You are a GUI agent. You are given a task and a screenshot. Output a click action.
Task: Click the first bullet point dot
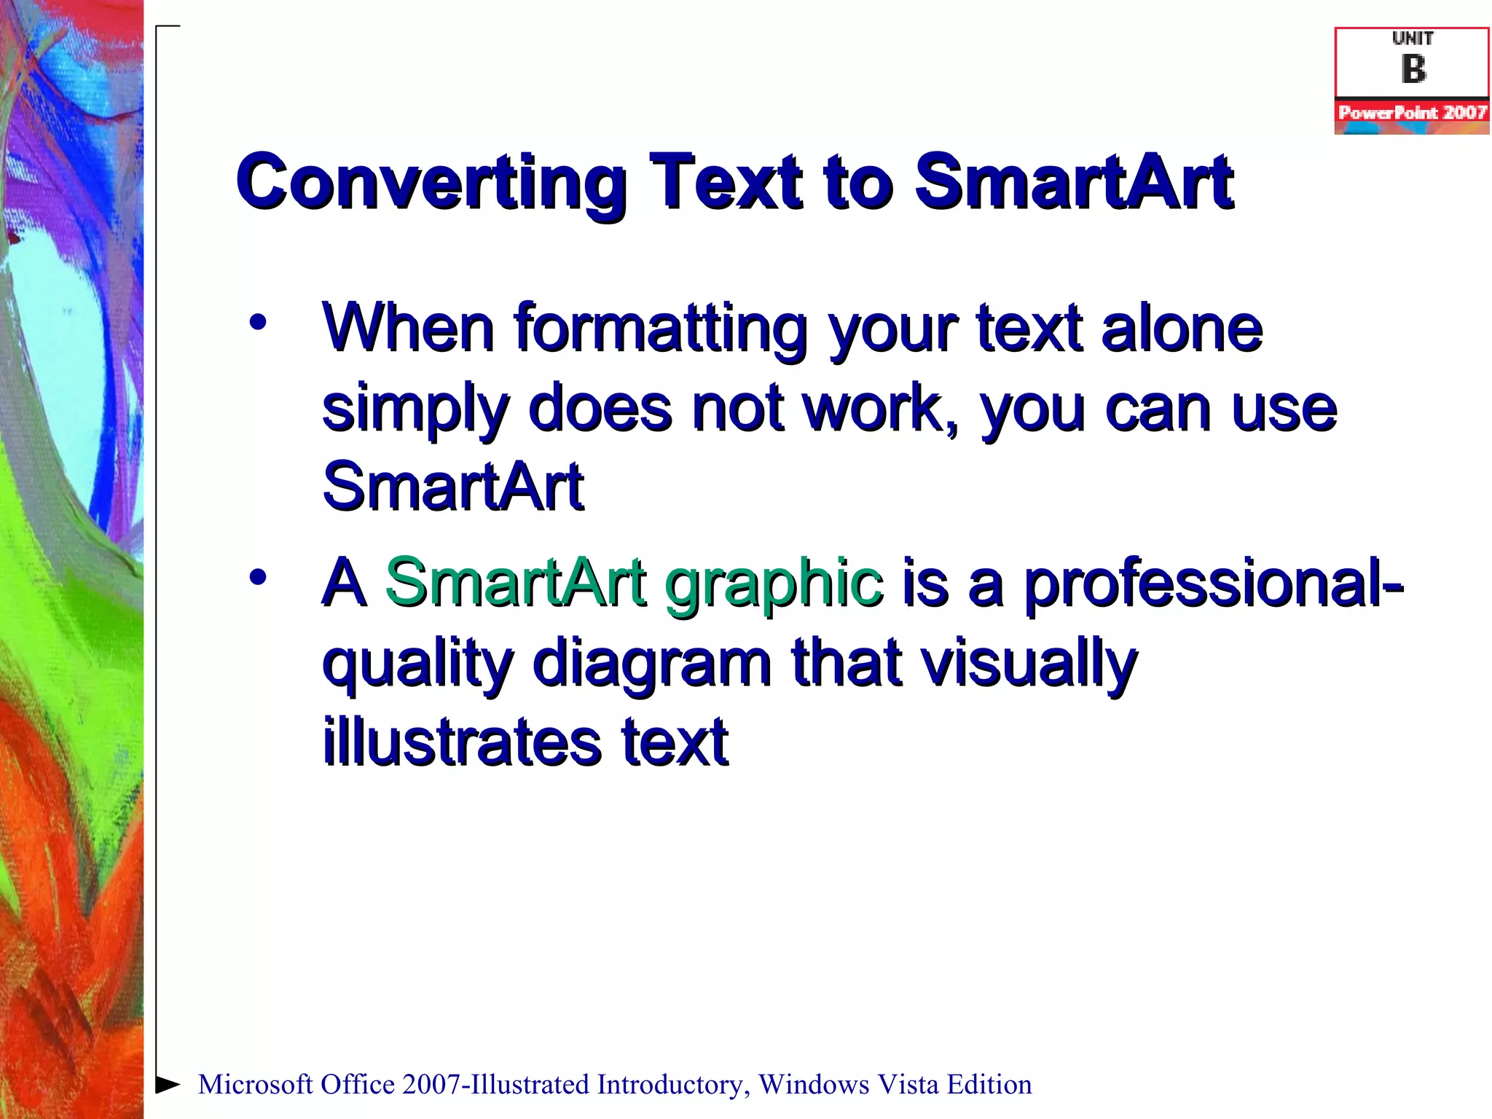click(x=257, y=322)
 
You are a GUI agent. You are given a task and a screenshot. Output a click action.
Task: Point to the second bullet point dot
click(x=257, y=577)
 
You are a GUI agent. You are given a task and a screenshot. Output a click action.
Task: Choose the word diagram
click(x=652, y=663)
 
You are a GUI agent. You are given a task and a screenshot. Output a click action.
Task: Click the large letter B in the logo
click(x=1413, y=70)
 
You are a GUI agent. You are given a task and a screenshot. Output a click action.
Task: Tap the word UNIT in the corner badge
click(x=1413, y=39)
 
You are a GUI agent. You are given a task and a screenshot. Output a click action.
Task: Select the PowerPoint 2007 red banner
click(x=1412, y=113)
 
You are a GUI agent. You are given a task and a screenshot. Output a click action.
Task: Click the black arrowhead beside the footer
click(x=168, y=1084)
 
